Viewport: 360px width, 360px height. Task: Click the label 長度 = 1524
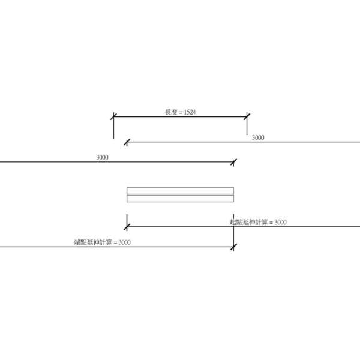[180, 112]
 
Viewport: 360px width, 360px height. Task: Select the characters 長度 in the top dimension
[170, 112]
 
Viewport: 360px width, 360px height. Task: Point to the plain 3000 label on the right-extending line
[258, 138]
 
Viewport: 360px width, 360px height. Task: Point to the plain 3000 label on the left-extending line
[102, 157]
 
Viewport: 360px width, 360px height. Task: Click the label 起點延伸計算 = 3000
[258, 223]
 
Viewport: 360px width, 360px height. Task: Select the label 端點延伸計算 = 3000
[102, 242]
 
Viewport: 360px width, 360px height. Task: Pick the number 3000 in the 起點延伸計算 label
[280, 223]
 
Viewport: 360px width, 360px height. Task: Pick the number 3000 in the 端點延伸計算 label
[124, 242]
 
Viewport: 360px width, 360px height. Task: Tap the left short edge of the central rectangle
[127, 195]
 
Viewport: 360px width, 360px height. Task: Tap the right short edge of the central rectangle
[233, 195]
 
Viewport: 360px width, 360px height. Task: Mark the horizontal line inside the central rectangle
[180, 194]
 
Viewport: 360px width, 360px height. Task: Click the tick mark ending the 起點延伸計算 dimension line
[127, 227]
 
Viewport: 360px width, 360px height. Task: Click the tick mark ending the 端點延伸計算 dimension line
[233, 247]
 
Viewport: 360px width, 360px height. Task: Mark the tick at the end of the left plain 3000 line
[233, 161]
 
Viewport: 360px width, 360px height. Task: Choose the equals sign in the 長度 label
[179, 112]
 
